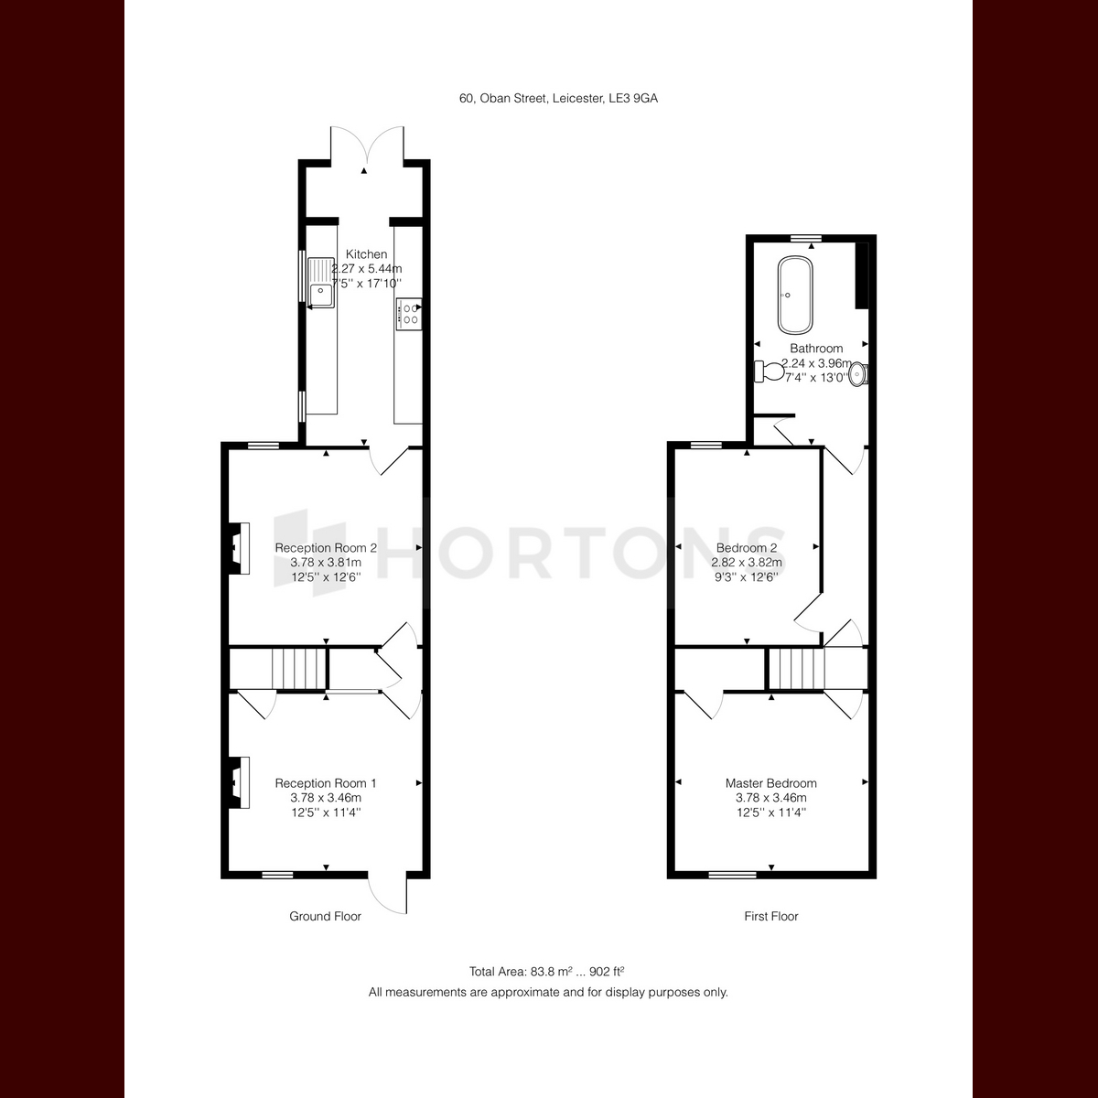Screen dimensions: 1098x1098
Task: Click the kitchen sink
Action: pos(321,283)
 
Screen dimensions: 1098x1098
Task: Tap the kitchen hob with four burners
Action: pos(409,314)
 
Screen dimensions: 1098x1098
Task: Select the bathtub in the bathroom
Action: pos(795,296)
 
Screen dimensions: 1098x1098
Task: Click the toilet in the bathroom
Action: pos(770,371)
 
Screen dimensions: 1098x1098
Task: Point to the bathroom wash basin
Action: pos(858,375)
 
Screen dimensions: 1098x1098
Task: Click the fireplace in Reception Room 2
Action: pos(239,548)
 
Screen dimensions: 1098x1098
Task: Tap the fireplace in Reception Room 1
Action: pos(239,782)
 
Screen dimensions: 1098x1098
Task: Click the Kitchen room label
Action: pos(366,254)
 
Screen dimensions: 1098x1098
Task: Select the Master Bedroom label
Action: pos(771,783)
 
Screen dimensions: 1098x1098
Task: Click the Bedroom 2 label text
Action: pos(747,547)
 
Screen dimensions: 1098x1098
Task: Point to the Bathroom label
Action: pos(816,348)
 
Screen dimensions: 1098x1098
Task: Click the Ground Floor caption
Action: pos(325,916)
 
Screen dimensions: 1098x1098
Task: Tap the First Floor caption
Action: pos(771,916)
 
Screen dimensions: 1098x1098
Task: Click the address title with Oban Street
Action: pos(558,98)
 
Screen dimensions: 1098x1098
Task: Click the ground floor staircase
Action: pos(298,668)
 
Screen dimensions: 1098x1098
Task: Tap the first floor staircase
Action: pos(797,668)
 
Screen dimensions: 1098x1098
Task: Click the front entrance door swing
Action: pos(387,892)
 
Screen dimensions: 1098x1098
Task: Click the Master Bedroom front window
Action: pos(733,874)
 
